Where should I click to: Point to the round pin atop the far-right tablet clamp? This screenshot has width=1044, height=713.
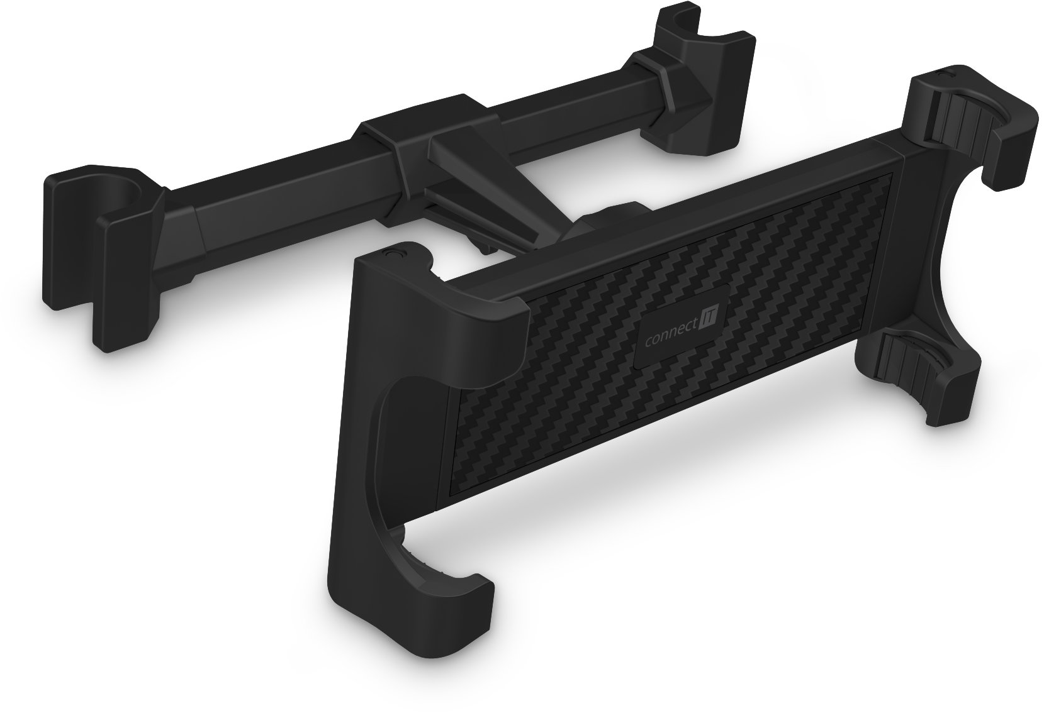click(x=942, y=74)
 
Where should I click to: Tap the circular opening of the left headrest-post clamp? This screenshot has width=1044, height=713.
click(x=123, y=187)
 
